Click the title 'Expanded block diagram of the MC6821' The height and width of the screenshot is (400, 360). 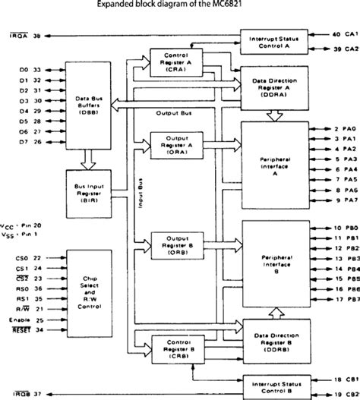(181, 5)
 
